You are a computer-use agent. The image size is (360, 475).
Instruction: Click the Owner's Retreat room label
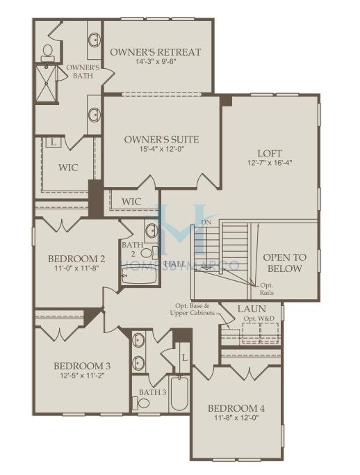click(155, 51)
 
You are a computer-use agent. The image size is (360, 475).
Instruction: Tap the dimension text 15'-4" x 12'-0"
click(162, 149)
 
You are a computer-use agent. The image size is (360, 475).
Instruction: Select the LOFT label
click(270, 153)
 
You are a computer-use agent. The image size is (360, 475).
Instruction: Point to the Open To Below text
click(285, 263)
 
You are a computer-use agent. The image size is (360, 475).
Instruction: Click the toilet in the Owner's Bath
click(47, 54)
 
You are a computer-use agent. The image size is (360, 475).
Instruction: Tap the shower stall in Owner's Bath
click(47, 83)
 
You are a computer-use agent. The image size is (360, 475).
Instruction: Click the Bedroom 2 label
click(76, 259)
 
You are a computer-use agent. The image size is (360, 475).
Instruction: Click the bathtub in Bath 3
click(179, 394)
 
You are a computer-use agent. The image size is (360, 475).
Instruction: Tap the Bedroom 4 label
click(236, 408)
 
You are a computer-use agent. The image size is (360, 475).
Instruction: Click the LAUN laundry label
click(252, 309)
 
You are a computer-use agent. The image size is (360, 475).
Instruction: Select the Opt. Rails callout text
click(267, 289)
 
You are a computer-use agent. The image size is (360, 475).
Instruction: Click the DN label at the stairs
click(206, 223)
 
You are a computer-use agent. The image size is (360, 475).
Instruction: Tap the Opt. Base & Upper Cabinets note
click(193, 309)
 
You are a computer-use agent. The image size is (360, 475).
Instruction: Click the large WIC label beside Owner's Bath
click(68, 167)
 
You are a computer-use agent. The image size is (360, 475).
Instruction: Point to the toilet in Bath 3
click(141, 403)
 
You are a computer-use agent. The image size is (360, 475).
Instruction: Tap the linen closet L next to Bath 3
click(185, 357)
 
